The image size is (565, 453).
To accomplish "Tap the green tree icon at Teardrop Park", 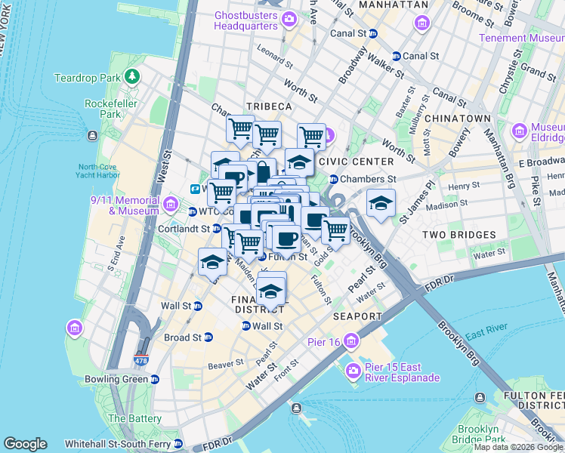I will pos(133,77).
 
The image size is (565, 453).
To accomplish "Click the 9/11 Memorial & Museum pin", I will pos(171,205).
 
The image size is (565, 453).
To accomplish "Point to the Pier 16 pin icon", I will pos(350,342).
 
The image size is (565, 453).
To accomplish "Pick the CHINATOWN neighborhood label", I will pos(458,119).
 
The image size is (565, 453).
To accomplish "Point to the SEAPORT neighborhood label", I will pos(356,316).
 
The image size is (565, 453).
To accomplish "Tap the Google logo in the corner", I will pos(25,444).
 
